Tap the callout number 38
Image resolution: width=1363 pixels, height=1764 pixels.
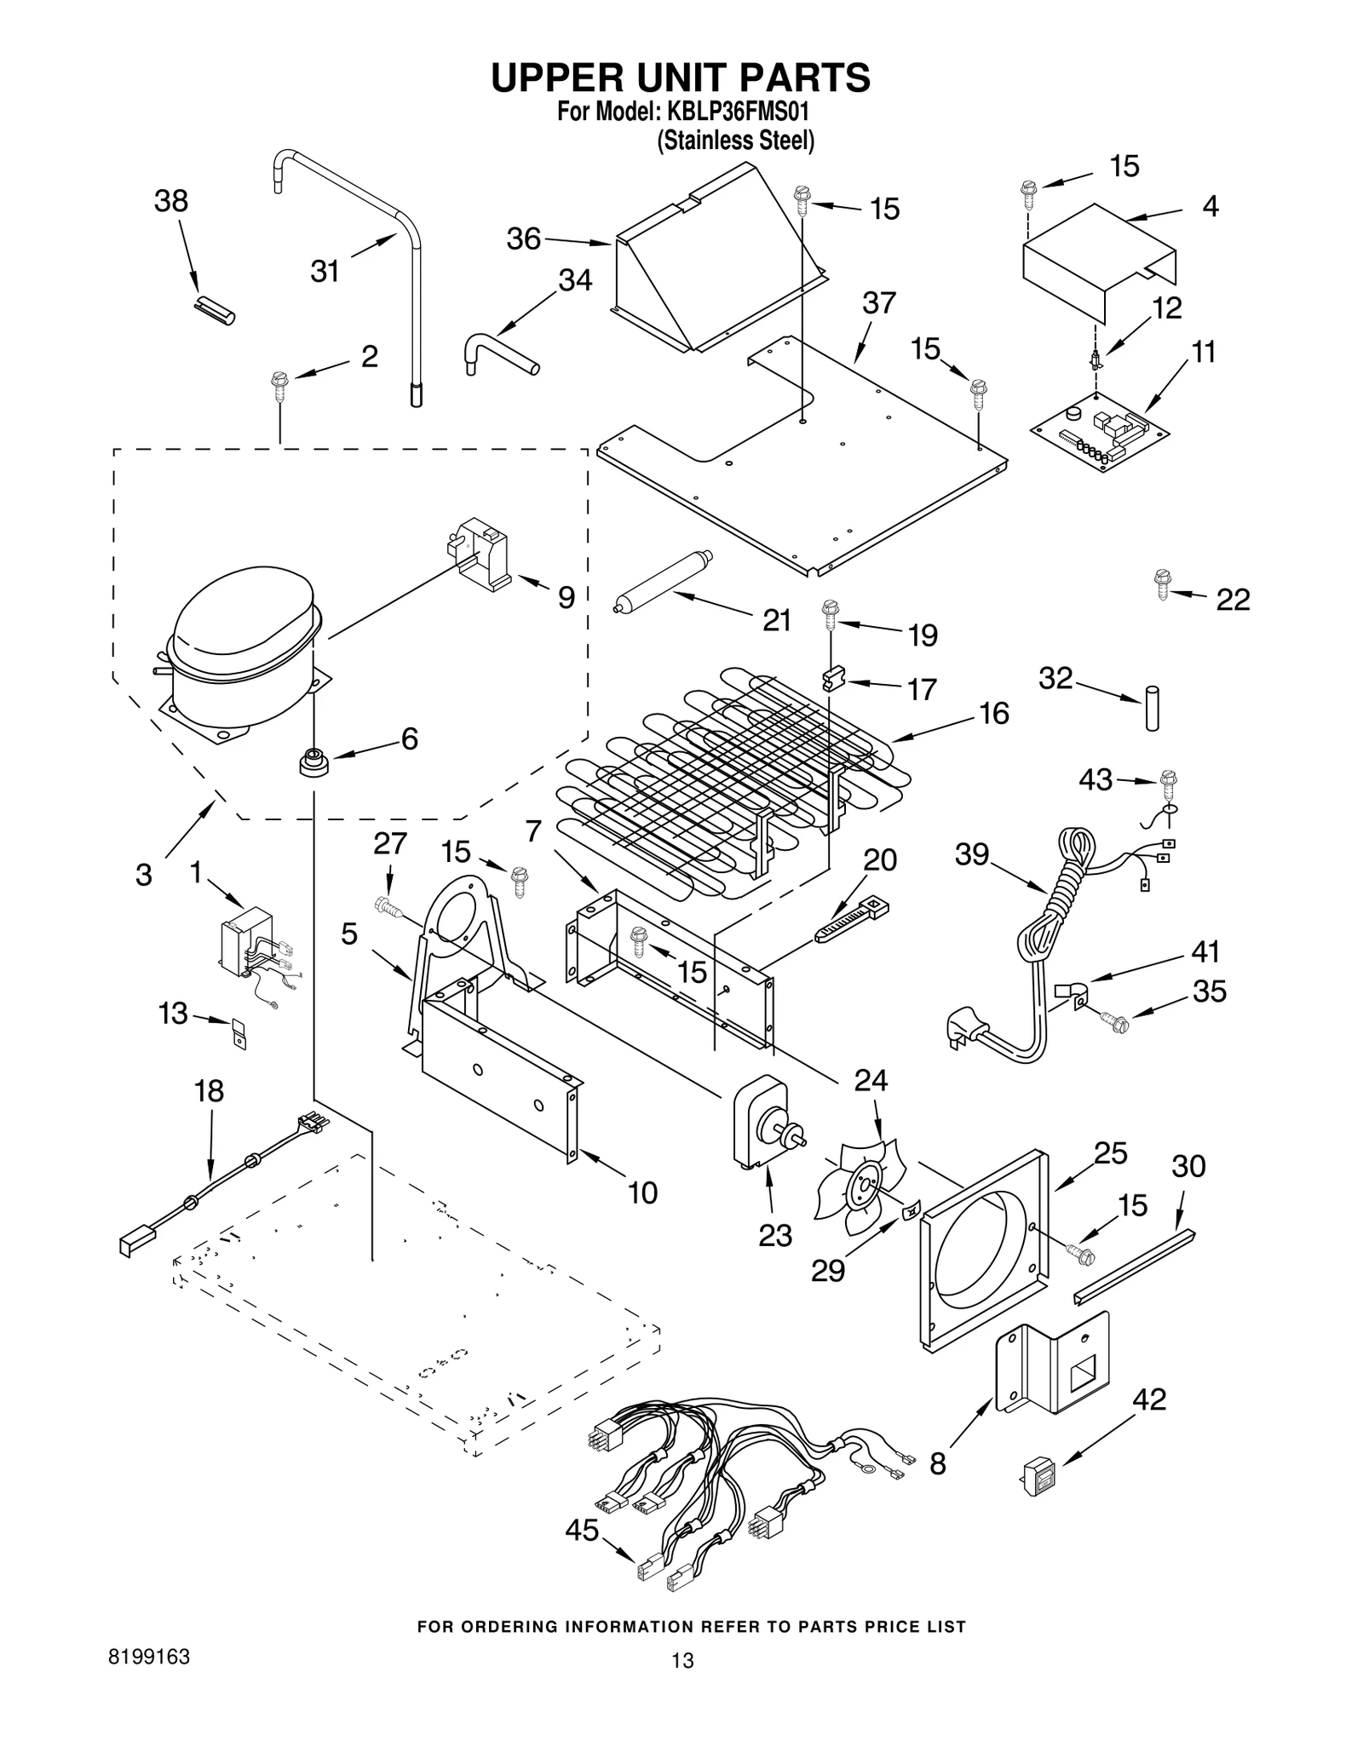pos(170,202)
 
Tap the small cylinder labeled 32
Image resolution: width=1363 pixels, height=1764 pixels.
pos(1153,707)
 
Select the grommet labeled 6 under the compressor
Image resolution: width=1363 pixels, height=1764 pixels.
pos(313,761)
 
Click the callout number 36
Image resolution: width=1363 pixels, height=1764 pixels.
pos(523,238)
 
